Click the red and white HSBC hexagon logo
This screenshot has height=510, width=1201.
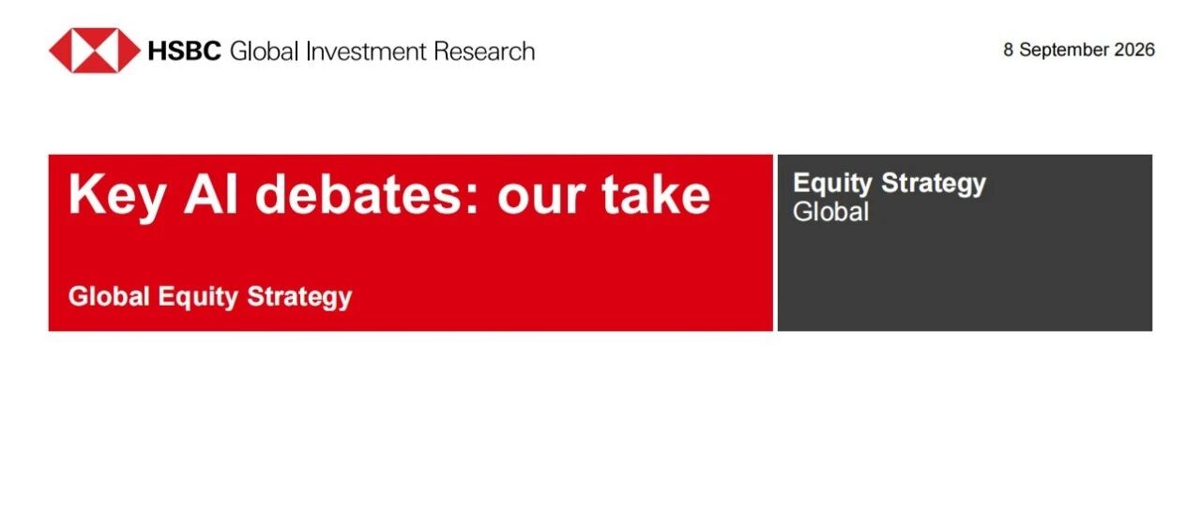tap(95, 51)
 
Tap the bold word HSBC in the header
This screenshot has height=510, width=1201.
tap(184, 52)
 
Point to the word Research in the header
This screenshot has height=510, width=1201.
tap(485, 52)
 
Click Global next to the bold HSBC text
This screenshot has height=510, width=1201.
tap(264, 52)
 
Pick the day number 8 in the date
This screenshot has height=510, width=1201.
tap(1009, 50)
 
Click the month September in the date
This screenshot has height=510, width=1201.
tap(1064, 51)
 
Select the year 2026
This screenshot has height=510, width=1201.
tap(1134, 50)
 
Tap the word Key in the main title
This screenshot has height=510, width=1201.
tap(117, 196)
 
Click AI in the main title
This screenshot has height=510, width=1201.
tap(210, 194)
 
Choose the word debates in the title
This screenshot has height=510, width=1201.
tap(358, 194)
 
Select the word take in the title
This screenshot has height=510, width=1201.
tap(656, 194)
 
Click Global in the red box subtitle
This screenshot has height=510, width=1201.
tap(109, 296)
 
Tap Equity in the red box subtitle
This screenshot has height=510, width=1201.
tap(198, 297)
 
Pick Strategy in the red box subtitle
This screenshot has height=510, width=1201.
tap(299, 297)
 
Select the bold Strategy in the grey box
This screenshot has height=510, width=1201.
tap(934, 184)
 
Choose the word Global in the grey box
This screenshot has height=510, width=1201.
tap(830, 212)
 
